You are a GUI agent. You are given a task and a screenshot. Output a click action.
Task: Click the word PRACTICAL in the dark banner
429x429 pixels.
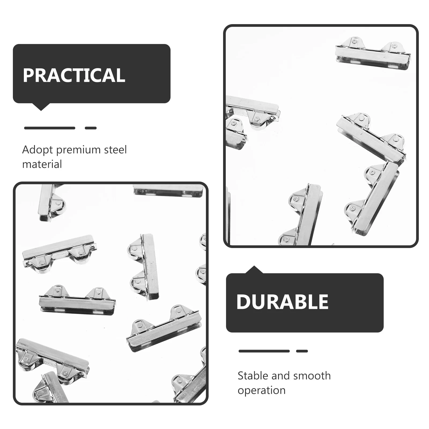coord(74,75)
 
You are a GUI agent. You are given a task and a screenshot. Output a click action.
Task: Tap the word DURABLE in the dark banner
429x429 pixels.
coord(282,302)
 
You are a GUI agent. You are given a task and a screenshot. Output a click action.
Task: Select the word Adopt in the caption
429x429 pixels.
coord(37,150)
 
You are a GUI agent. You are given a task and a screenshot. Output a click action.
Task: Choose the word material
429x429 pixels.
coord(42,164)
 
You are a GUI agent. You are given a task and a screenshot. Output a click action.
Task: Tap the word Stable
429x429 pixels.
coord(253,376)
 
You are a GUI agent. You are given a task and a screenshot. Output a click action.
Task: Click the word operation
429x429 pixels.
coord(261,390)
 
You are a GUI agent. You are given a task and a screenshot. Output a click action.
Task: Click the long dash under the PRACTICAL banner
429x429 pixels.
coord(50,128)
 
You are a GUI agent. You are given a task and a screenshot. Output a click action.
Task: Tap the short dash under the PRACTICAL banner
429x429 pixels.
coord(91,128)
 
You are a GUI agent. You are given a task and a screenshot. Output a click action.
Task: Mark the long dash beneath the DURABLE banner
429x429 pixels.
coord(264,351)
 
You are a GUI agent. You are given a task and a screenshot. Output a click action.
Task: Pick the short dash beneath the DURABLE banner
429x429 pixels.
coord(302,351)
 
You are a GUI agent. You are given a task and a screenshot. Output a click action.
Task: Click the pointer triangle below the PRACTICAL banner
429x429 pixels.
coord(41,107)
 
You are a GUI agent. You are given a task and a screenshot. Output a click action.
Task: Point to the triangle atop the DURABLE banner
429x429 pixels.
coord(254,270)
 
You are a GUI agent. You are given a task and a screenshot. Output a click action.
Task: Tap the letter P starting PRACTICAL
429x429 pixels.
coord(29,75)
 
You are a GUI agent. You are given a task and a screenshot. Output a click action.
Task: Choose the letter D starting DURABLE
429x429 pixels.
coord(243,302)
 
